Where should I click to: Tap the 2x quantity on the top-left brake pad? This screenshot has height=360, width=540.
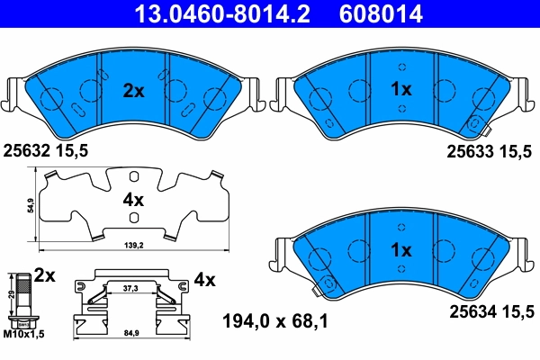133,90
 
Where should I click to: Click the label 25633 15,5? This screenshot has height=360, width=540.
490,153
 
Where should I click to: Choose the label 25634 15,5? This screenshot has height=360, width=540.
490,311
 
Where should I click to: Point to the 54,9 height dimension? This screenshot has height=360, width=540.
30,205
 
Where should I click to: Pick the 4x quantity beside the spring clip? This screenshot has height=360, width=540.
205,280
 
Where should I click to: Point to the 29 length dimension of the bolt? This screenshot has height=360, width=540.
11,294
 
